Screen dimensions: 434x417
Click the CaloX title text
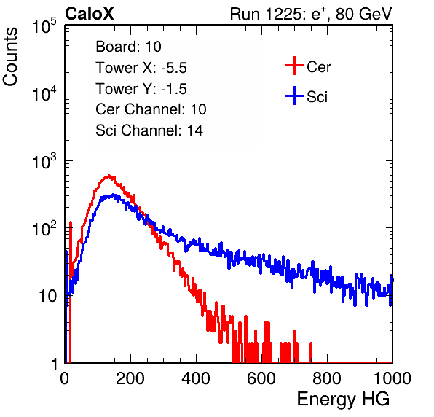click(x=90, y=14)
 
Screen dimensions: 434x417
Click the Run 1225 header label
click(x=311, y=14)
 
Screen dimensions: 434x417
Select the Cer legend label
click(x=318, y=67)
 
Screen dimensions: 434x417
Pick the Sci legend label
click(x=317, y=97)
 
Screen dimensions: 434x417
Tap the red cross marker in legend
click(x=294, y=66)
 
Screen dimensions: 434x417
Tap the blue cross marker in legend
click(x=294, y=96)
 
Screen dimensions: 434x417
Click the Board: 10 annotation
click(x=128, y=47)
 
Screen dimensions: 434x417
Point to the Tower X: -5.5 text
click(x=141, y=68)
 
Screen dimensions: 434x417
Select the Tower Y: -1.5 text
click(x=141, y=89)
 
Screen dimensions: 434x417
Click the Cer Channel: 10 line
click(x=151, y=109)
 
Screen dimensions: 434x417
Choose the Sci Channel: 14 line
click(x=149, y=130)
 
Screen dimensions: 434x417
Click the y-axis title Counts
click(x=10, y=57)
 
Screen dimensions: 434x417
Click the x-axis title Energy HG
click(x=343, y=400)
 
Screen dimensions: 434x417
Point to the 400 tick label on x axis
click(x=196, y=378)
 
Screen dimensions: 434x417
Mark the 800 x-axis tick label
click(x=327, y=378)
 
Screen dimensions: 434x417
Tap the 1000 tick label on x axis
click(x=392, y=378)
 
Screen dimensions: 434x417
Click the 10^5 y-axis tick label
click(x=44, y=26)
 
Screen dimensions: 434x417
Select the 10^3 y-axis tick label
click(x=44, y=162)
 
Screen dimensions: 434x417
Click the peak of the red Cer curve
click(x=109, y=176)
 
